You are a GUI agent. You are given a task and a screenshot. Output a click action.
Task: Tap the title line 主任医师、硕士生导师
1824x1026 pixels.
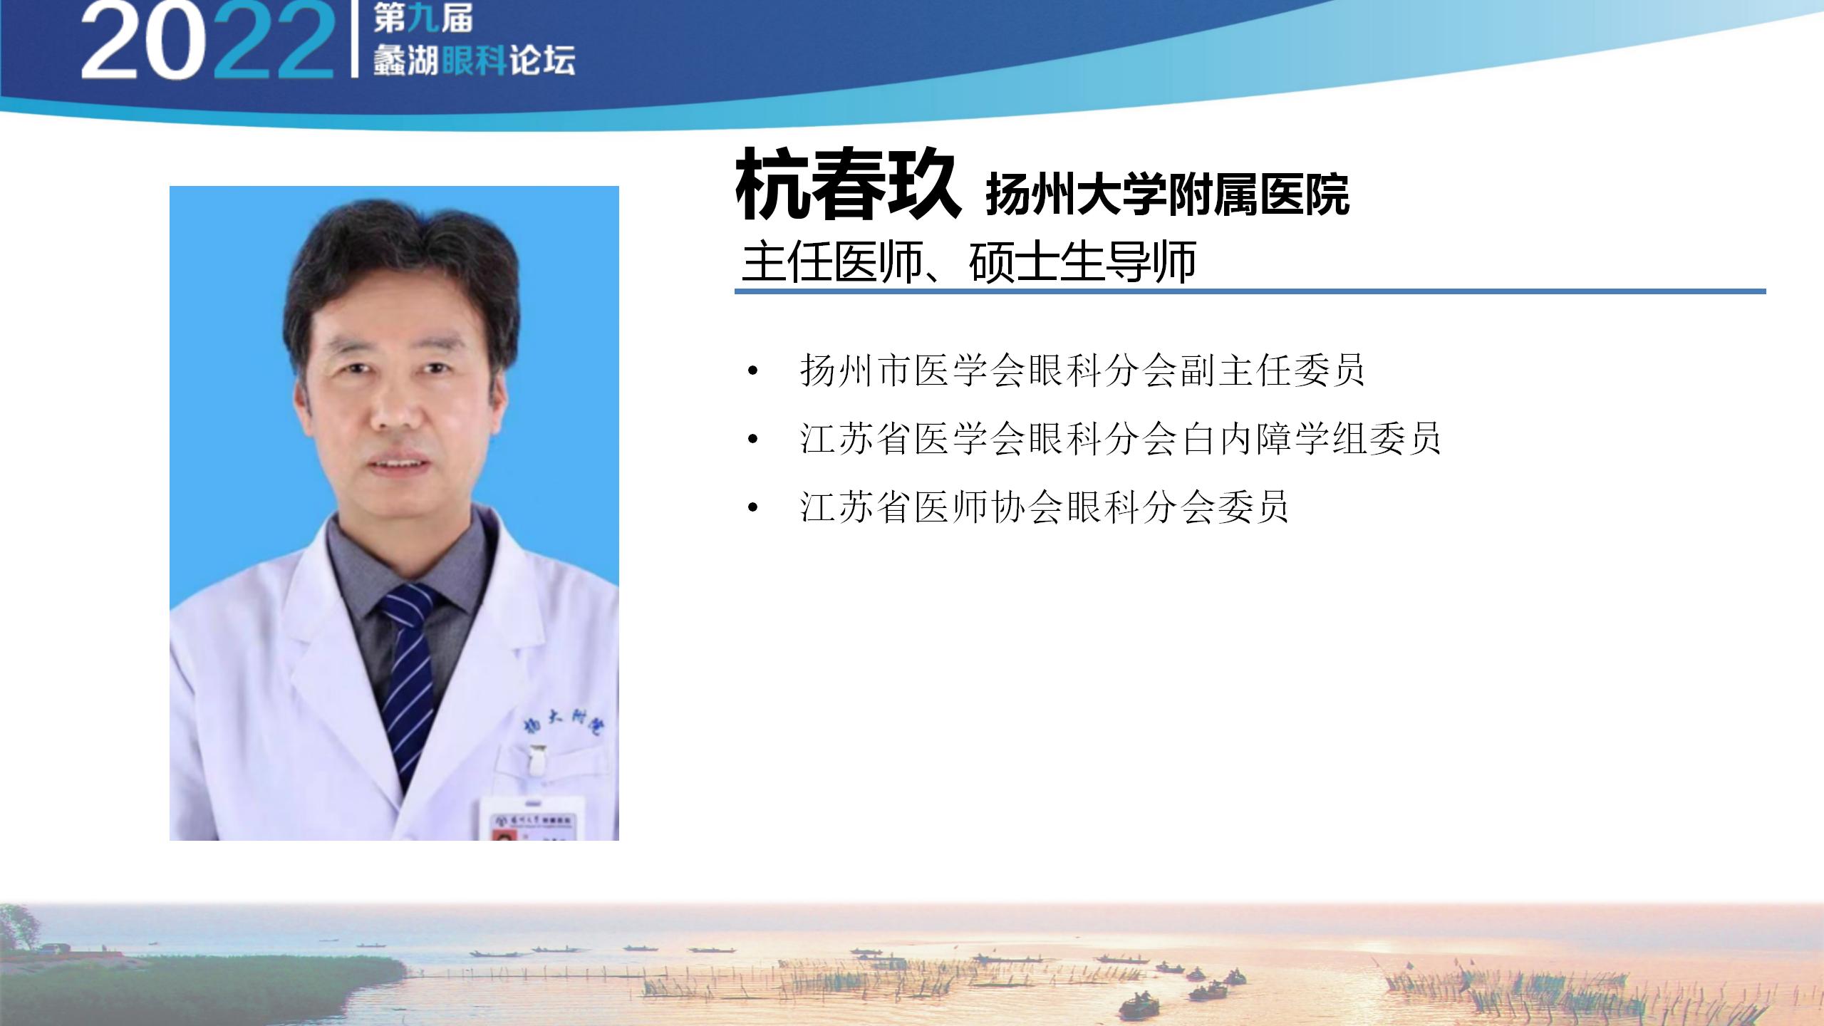click(x=968, y=261)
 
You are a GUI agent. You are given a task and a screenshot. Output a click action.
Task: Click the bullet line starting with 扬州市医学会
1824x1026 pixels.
click(x=1082, y=370)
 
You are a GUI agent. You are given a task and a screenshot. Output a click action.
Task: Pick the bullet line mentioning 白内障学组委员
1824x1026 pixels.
click(x=1120, y=438)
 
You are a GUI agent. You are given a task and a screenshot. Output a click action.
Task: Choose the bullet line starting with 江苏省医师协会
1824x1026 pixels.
click(x=1045, y=507)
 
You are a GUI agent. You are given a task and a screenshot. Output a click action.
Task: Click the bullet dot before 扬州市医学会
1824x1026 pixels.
click(x=752, y=371)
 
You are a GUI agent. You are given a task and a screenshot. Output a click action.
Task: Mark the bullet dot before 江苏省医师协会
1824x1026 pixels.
click(x=752, y=509)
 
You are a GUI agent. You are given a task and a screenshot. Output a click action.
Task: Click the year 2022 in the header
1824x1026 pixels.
click(x=207, y=41)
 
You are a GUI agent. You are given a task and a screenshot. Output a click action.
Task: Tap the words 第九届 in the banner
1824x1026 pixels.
click(x=423, y=20)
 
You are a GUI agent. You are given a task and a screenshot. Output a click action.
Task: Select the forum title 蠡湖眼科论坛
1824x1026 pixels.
click(x=474, y=61)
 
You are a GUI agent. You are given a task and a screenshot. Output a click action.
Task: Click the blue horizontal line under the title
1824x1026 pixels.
click(x=1250, y=291)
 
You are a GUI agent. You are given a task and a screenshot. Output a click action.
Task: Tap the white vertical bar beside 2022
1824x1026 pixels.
click(x=354, y=38)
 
